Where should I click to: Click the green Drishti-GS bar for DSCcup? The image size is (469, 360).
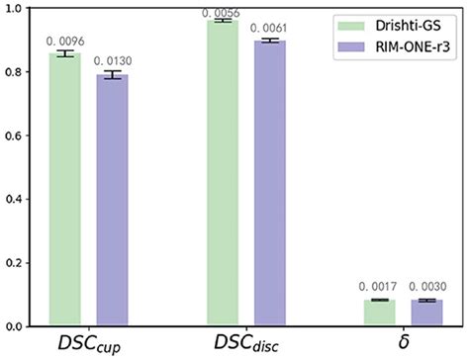tap(65, 190)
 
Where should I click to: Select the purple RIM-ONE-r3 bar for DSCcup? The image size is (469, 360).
tap(112, 201)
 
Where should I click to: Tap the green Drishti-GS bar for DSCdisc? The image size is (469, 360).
tap(223, 173)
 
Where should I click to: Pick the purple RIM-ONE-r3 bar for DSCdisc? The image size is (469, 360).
tap(270, 183)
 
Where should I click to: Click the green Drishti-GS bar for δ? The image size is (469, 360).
tap(380, 313)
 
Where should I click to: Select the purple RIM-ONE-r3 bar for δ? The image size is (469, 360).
tap(426, 313)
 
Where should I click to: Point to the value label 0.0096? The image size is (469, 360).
tap(65, 42)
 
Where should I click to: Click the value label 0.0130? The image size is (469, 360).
tap(113, 60)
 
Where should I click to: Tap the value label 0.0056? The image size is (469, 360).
tap(221, 13)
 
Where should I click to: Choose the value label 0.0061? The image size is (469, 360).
tap(268, 28)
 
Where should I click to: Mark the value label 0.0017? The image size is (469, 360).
tap(378, 287)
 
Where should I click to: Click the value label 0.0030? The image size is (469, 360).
tap(427, 287)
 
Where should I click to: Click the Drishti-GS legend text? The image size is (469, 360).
tap(408, 26)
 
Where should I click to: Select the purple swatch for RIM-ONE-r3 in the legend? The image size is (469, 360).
tap(351, 46)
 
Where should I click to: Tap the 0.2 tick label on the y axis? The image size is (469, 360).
tap(13, 263)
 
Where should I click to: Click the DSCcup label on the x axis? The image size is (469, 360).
tap(89, 344)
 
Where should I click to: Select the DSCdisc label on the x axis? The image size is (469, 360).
tap(246, 343)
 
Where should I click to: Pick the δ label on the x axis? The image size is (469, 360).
tap(404, 342)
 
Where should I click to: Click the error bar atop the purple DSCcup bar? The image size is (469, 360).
tap(112, 75)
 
